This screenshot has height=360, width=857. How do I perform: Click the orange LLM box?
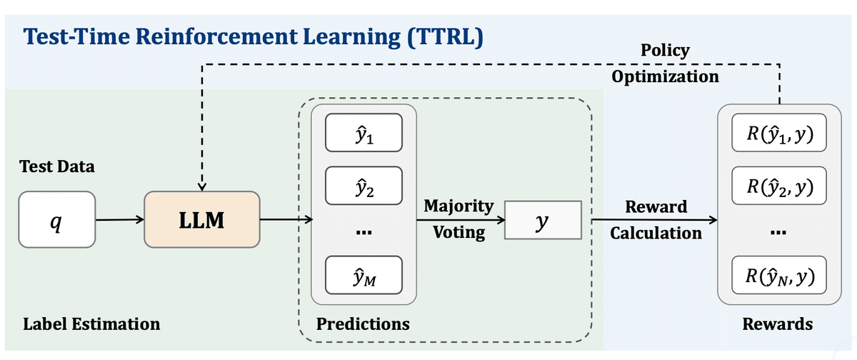click(201, 220)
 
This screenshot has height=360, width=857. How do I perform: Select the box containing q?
click(57, 220)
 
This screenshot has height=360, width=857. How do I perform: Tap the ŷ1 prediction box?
click(363, 133)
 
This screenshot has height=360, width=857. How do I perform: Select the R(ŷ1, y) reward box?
click(778, 133)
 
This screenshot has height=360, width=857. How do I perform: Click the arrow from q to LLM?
click(119, 220)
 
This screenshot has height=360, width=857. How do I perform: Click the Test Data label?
click(57, 167)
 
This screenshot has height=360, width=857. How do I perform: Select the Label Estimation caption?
click(91, 324)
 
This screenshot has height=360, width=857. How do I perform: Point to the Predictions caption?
click(363, 324)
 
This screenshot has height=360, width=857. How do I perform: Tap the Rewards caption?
click(778, 324)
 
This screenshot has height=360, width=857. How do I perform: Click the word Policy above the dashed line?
click(665, 50)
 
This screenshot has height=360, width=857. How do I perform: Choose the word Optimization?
click(665, 76)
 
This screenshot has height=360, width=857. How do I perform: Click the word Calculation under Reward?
click(656, 233)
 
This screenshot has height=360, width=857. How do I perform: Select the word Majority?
click(458, 206)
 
